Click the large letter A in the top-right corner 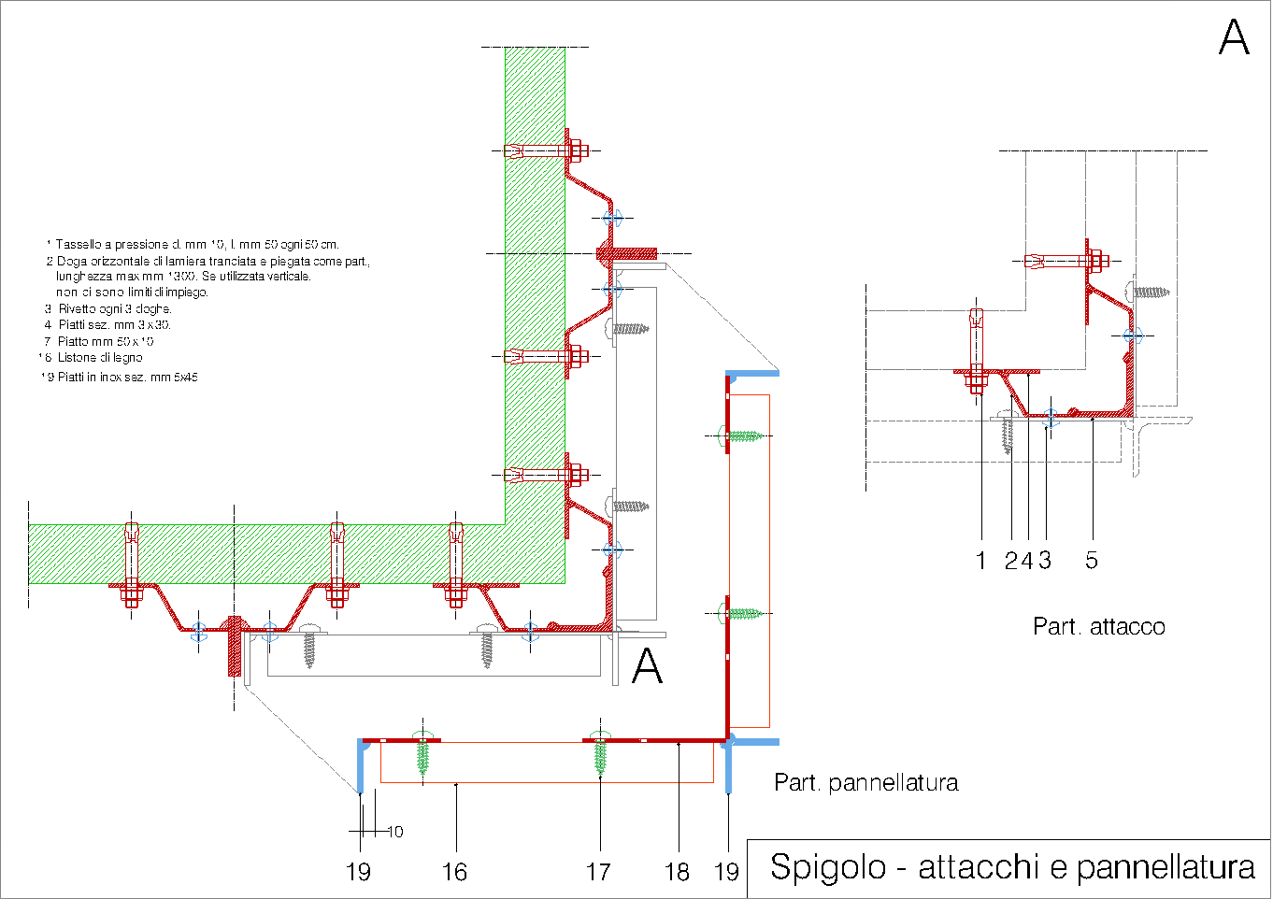1234,37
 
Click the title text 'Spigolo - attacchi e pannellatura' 1011,867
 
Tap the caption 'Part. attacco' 1098,626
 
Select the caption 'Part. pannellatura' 865,782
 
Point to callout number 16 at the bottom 454,872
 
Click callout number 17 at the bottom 598,872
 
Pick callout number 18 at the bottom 677,872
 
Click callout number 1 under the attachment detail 980,561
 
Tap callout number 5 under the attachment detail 1091,561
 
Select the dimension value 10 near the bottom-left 395,832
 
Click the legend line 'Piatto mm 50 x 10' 105,342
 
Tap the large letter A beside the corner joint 647,666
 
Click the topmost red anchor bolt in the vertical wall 547,150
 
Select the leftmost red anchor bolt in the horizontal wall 132,564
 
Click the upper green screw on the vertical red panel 743,435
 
